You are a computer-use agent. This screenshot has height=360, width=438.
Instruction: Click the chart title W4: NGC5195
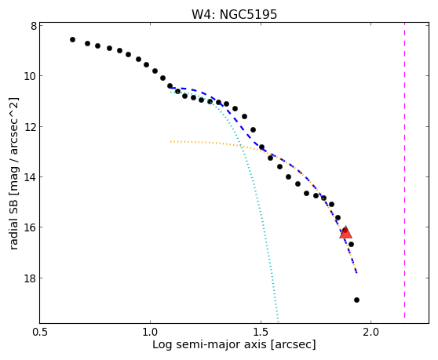234,14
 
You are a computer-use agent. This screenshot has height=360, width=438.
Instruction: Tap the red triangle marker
346,232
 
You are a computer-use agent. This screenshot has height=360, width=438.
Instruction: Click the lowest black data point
356,300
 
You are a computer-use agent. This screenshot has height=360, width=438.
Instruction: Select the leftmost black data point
73,40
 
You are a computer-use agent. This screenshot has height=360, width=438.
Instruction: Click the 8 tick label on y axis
34,26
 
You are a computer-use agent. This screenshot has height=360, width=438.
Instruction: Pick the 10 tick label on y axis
30,76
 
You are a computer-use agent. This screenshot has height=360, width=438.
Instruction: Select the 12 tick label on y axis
30,127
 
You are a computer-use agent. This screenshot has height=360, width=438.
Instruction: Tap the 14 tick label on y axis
30,177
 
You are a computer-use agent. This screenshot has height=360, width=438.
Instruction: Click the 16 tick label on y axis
30,227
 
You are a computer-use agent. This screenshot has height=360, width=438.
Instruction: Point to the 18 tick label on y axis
30,278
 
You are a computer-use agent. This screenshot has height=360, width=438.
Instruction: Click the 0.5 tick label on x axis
41,332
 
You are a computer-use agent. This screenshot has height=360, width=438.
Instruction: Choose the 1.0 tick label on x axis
150,332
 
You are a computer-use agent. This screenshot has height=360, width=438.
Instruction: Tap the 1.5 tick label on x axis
261,332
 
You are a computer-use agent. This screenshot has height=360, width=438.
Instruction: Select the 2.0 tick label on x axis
370,332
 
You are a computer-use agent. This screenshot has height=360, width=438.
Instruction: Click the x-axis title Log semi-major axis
210,344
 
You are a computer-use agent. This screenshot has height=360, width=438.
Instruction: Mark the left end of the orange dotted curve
170,141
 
